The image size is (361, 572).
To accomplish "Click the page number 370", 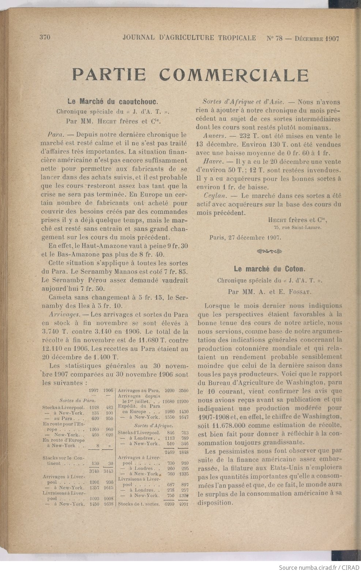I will (x=44, y=38).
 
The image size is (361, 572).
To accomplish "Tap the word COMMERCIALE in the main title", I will (x=234, y=75).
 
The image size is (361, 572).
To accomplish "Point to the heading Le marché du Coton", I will (x=269, y=269).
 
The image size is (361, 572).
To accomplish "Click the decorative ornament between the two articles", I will (x=270, y=251).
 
